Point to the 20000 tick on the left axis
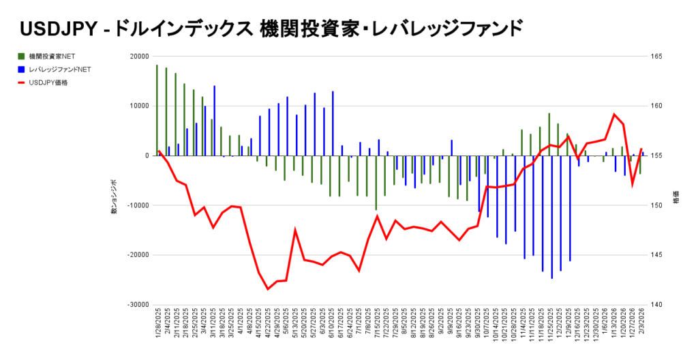coord(139,57)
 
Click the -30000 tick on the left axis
coord(138,305)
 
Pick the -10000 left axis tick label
coord(138,205)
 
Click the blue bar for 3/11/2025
coord(214,121)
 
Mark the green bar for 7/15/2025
coord(376,183)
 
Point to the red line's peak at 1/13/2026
coord(614,115)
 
